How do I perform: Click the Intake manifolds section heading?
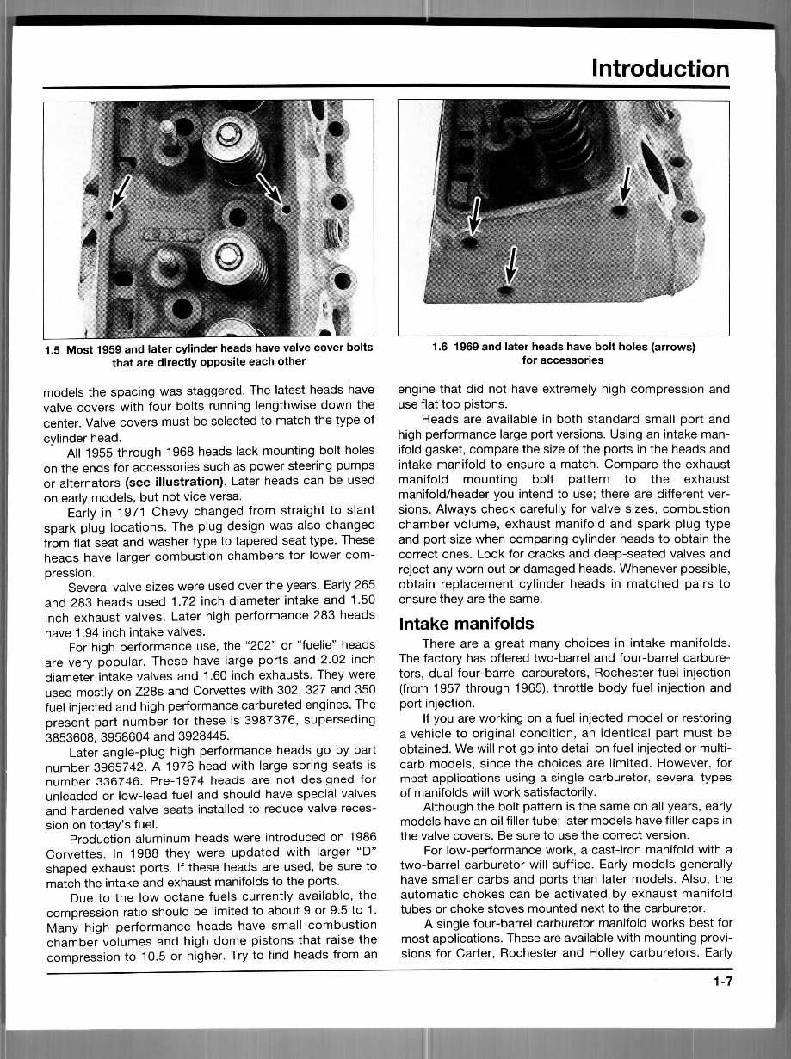pyautogui.click(x=466, y=624)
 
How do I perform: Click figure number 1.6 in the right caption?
pyautogui.click(x=444, y=348)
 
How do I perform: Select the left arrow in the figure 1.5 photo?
pyautogui.click(x=120, y=196)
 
